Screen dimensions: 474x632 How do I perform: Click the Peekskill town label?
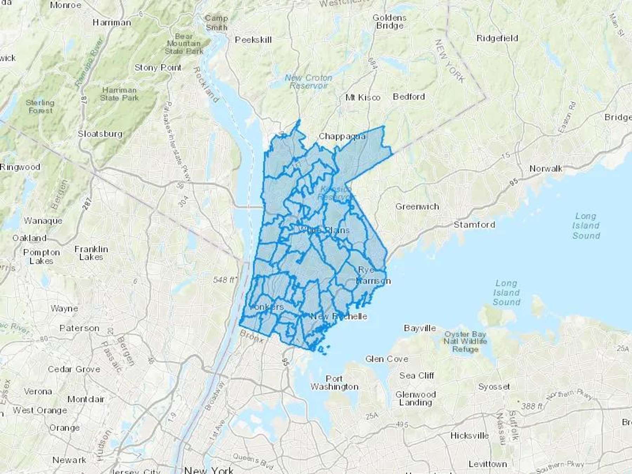[253, 40]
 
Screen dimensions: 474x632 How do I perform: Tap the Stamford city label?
[474, 224]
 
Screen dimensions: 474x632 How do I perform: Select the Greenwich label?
[417, 206]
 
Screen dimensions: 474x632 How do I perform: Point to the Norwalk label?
[546, 169]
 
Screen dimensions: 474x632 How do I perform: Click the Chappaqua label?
[342, 136]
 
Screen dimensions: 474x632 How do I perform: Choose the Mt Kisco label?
[363, 97]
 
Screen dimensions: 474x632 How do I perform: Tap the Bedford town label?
[409, 97]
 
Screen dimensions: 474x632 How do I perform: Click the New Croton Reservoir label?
[308, 81]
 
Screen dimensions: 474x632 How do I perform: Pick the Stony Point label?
[158, 67]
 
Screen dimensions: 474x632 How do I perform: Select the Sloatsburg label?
[100, 134]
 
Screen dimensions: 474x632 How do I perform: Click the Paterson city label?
[79, 328]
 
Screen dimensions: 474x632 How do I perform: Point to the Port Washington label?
[334, 383]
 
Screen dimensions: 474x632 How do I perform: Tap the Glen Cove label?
[387, 359]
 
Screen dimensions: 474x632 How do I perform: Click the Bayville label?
[420, 328]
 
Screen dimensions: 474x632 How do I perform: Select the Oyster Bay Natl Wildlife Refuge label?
[465, 341]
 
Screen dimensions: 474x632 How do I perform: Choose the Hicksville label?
[469, 436]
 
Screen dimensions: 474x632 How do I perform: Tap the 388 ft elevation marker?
[531, 406]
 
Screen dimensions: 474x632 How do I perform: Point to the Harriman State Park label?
[119, 94]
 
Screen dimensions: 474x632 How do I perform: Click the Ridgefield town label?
[497, 38]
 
